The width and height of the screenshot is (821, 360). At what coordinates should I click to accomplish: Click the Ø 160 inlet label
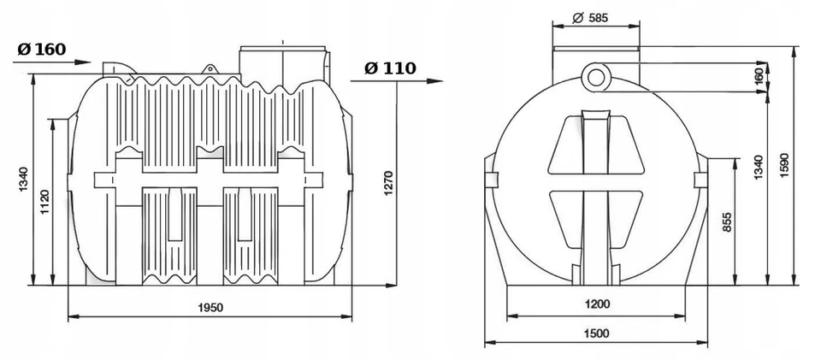coord(41,48)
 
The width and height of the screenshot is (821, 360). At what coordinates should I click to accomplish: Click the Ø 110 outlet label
coord(390,68)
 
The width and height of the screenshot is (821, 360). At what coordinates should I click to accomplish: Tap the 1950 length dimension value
coord(209,308)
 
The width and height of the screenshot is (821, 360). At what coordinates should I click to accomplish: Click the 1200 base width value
coord(598,304)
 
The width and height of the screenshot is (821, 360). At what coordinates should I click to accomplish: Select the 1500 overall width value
coord(598,333)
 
